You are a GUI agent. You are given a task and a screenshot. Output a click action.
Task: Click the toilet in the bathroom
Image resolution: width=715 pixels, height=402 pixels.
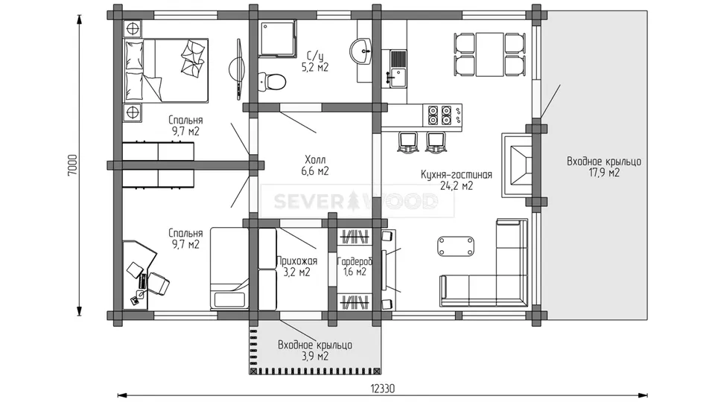click(x=273, y=82)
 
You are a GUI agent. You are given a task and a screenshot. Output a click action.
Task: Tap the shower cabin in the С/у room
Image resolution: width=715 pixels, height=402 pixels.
click(x=277, y=38)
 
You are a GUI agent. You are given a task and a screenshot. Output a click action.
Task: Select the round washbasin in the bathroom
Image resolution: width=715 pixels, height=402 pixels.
click(x=361, y=51)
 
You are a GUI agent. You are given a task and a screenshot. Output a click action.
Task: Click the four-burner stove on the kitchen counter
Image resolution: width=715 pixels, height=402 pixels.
click(x=439, y=115)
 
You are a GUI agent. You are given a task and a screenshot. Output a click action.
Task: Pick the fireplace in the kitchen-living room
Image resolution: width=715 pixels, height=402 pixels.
click(x=518, y=165)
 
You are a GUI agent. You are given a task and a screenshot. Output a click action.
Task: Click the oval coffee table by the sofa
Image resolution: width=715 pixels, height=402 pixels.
click(x=456, y=246)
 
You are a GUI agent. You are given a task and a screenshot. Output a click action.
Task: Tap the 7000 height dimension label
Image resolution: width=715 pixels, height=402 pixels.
click(x=73, y=165)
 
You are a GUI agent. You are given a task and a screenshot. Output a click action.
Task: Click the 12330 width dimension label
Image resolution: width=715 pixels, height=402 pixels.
click(x=382, y=389)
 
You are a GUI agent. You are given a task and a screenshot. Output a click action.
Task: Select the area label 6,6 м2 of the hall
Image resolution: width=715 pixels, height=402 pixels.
click(x=314, y=171)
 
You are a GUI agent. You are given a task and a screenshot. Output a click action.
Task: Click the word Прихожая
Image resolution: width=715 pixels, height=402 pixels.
click(x=296, y=261)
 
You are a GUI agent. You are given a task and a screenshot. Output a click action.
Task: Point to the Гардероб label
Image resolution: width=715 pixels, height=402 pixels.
click(x=355, y=261)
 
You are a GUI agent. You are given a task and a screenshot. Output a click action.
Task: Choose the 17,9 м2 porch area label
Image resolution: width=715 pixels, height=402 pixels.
click(x=604, y=173)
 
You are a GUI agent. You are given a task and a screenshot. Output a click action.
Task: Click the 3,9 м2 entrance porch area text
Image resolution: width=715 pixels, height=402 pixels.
click(x=314, y=356)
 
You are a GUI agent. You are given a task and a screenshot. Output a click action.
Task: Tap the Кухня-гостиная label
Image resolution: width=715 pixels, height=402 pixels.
click(x=457, y=174)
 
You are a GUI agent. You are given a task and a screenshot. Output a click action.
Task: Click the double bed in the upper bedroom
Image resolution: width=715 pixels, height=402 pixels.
click(x=166, y=70)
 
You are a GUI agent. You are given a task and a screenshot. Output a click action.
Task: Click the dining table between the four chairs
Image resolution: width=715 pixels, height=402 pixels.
click(x=490, y=54)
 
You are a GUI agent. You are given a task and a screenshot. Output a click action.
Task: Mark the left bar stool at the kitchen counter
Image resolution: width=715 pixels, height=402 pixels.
click(x=408, y=141)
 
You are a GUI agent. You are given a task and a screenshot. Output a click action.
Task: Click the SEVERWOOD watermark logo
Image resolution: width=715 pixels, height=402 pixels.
click(x=356, y=200)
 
